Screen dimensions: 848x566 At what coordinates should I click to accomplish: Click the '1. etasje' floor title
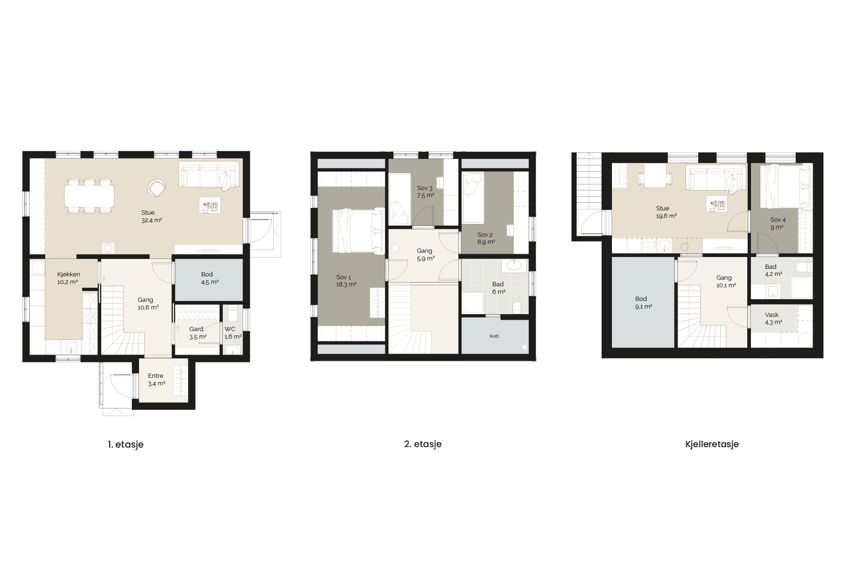coord(125,444)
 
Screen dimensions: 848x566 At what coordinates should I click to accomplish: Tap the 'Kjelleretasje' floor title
coord(712,444)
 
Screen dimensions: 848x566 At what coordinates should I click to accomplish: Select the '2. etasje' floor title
coord(423,444)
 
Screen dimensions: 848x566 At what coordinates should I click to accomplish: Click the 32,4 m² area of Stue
coord(151,220)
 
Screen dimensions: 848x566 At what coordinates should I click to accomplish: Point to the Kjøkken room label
coord(68,274)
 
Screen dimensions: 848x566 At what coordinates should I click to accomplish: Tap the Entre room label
coord(155,376)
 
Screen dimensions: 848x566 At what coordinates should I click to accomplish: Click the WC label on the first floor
coord(230,329)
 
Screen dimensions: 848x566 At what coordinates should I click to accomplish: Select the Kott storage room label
coord(494,336)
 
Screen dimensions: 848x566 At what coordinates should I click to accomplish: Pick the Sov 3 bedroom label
coord(424,188)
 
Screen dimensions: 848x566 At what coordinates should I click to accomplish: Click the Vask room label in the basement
coord(772,315)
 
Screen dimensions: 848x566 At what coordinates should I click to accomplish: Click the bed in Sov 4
coord(784,186)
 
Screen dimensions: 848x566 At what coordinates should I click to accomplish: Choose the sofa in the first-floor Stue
coord(208,175)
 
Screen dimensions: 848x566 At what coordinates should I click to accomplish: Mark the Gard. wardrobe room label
coord(196,329)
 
